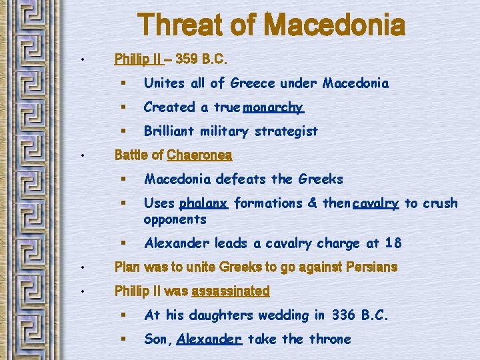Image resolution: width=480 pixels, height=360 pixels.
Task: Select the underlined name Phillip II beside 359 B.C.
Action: click(x=138, y=59)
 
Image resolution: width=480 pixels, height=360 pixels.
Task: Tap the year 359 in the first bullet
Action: click(x=187, y=59)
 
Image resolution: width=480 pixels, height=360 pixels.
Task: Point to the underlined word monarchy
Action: click(x=273, y=107)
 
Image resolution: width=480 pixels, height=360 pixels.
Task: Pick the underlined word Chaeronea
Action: click(x=199, y=155)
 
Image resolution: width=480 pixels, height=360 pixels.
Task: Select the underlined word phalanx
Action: click(x=203, y=203)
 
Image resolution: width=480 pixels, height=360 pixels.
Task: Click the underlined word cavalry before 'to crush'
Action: click(x=376, y=203)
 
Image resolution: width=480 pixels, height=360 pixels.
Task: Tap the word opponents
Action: click(x=175, y=219)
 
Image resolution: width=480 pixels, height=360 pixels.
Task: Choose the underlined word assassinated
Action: click(x=230, y=291)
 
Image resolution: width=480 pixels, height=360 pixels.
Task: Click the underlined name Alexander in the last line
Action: click(x=209, y=339)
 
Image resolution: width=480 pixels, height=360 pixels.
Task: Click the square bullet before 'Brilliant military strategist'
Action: click(x=124, y=131)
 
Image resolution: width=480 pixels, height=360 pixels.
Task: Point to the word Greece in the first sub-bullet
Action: click(x=252, y=83)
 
